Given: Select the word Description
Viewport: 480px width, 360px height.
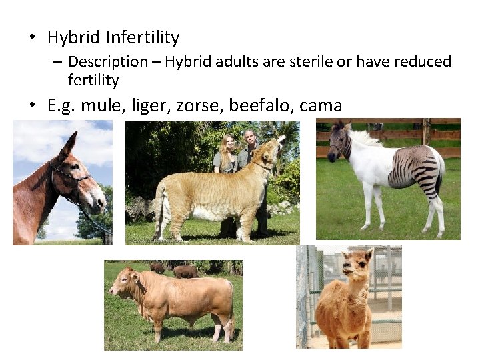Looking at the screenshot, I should tap(108, 62).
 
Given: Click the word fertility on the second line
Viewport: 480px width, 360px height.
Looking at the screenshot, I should tap(93, 81).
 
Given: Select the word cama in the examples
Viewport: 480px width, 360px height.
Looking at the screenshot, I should tap(321, 105).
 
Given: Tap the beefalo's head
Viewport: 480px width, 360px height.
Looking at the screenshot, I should tap(123, 283).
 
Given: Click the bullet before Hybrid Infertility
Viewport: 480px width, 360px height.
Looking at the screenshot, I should tap(31, 39).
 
